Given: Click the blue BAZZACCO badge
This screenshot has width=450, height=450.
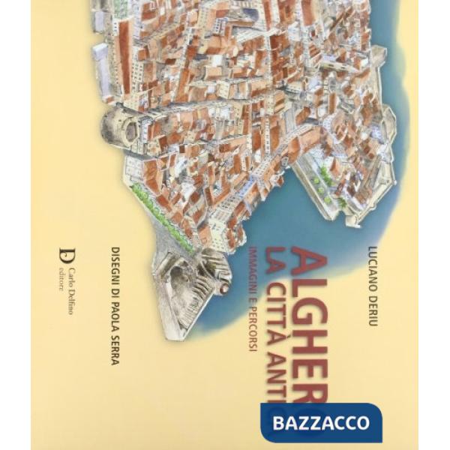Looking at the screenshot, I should (321, 421).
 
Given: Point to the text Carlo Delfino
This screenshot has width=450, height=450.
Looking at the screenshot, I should (70, 289).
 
